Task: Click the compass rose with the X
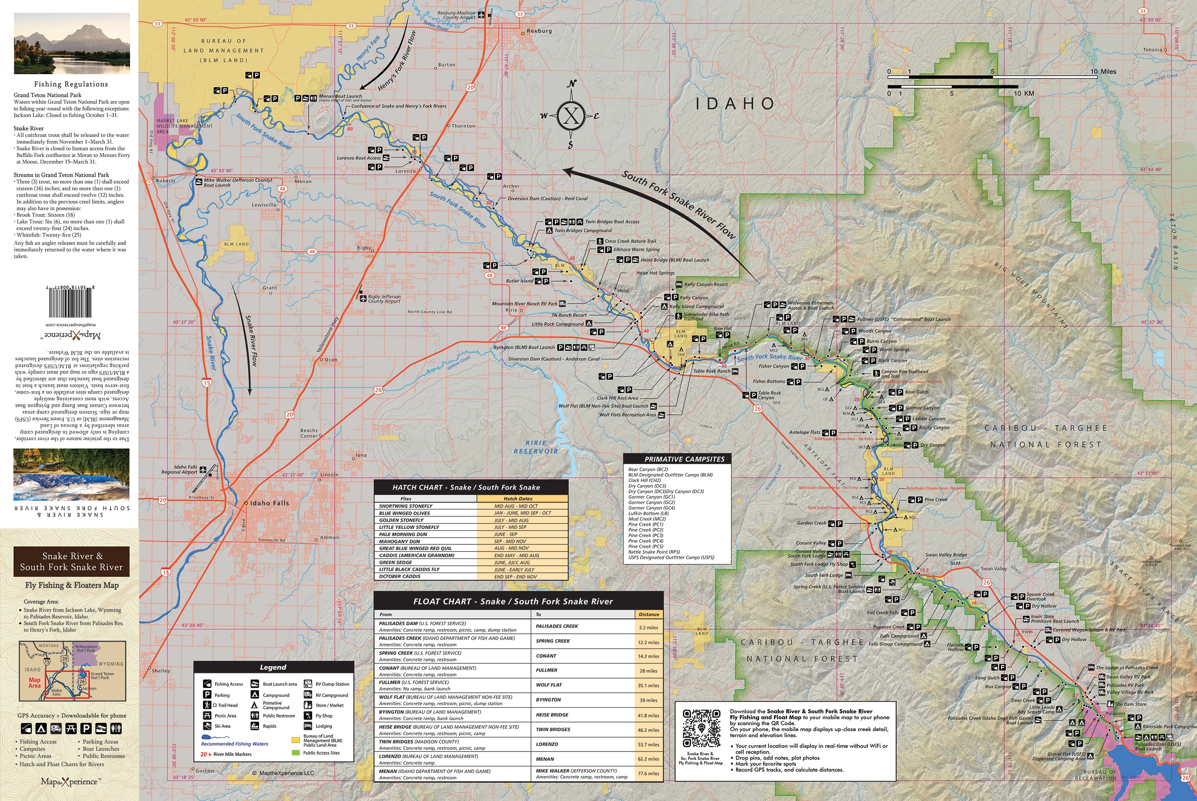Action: (571, 116)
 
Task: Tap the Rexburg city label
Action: (539, 31)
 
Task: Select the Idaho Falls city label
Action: (269, 503)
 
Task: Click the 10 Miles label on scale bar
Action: (1103, 71)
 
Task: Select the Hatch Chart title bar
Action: (470, 487)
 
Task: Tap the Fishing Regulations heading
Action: (71, 84)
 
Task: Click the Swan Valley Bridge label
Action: (946, 555)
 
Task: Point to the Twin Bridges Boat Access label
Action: (612, 222)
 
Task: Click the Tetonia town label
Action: (1163, 49)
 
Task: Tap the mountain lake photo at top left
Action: (71, 44)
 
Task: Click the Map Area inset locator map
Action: (72, 671)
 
